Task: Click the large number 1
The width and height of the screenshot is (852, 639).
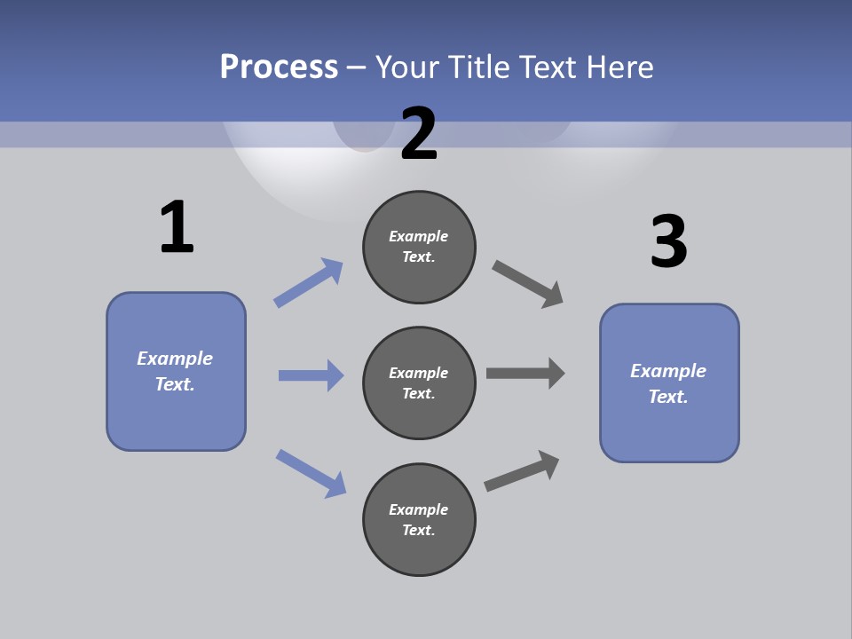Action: [x=177, y=228]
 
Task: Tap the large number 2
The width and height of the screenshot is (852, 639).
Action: [x=419, y=134]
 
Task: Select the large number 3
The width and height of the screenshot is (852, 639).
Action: [x=668, y=242]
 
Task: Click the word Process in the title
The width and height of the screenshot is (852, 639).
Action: [x=279, y=67]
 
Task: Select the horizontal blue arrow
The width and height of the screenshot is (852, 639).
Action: [x=311, y=375]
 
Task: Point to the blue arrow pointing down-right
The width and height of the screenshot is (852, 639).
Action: [x=312, y=473]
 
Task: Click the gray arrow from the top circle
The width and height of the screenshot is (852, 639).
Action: [x=528, y=284]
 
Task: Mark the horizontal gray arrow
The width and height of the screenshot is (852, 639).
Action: [x=525, y=373]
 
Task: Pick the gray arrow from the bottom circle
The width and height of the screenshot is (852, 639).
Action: [x=522, y=470]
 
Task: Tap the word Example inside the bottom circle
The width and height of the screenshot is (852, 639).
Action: [x=419, y=509]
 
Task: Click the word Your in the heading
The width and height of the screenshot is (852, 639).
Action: [x=406, y=67]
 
